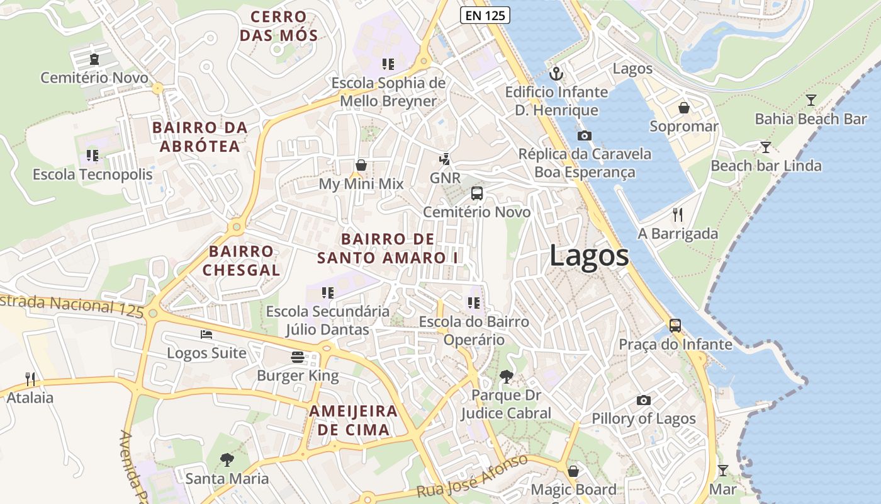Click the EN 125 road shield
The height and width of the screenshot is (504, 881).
pos(484,16)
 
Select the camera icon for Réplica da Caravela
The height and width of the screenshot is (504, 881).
pos(584,135)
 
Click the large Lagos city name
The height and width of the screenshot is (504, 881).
pos(589,256)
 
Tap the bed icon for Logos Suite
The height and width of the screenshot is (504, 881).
pos(206,335)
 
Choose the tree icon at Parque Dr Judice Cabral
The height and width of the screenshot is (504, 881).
pos(505,377)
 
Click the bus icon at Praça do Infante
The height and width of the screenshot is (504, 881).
pos(675,326)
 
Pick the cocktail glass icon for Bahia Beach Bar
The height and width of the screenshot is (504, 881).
pos(811,100)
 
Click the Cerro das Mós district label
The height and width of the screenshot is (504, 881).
pos(279,26)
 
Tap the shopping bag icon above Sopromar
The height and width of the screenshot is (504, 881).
pos(684,108)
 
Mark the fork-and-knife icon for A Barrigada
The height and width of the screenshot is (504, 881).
pos(677,215)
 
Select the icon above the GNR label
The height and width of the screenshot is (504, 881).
pos(446,159)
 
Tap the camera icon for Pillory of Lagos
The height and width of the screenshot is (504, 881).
pos(643,400)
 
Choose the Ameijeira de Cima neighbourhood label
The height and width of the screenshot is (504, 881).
pos(353,421)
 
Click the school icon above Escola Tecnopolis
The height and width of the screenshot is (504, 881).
pos(93,155)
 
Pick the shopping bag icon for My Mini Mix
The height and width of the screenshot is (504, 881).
pos(361,165)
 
